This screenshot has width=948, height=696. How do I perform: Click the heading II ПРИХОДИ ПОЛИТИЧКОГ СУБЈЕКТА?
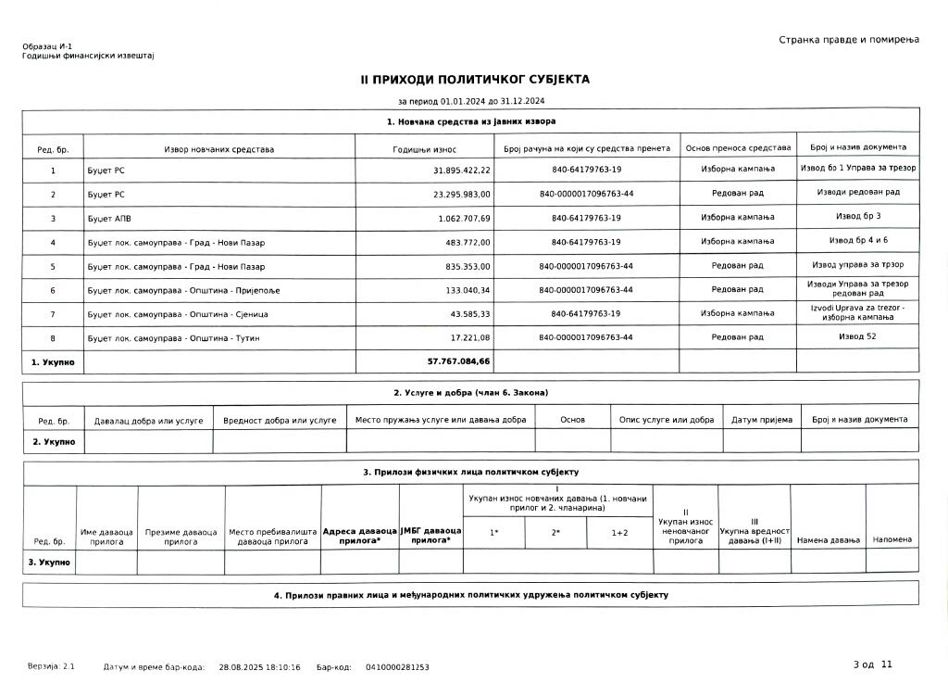[x=474, y=80]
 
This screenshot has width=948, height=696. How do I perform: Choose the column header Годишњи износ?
[x=424, y=148]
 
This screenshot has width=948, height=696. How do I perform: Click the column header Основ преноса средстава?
[x=737, y=148]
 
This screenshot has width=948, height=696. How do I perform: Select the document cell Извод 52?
[x=857, y=335]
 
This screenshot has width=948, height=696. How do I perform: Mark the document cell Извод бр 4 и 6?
[x=857, y=240]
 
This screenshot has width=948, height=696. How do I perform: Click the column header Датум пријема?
[x=761, y=420]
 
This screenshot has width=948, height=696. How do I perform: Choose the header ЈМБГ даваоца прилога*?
[x=430, y=536]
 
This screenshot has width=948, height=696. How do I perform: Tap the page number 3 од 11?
[x=873, y=664]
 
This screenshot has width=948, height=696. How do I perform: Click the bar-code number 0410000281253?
[x=397, y=666]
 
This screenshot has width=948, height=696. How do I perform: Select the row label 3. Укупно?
[x=48, y=562]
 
